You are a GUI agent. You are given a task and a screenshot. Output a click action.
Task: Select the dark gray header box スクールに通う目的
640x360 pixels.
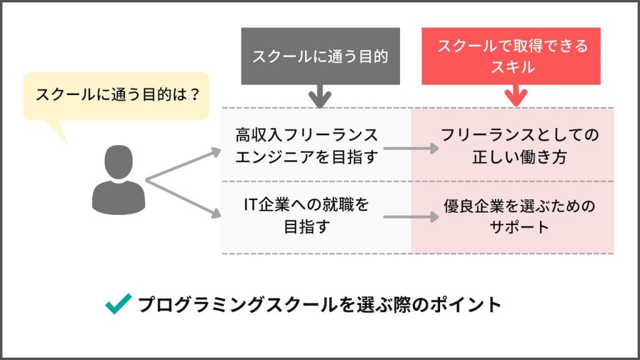tap(320, 56)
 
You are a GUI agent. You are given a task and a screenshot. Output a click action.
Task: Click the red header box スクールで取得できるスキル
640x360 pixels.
tap(511, 56)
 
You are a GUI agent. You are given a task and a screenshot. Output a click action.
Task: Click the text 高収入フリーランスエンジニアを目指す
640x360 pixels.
tap(306, 146)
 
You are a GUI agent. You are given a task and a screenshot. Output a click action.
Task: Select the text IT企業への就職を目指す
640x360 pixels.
tap(306, 216)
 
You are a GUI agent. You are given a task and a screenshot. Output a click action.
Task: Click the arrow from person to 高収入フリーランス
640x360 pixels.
tap(184, 165)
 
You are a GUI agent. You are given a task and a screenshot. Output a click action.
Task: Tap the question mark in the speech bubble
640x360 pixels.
tap(194, 95)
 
